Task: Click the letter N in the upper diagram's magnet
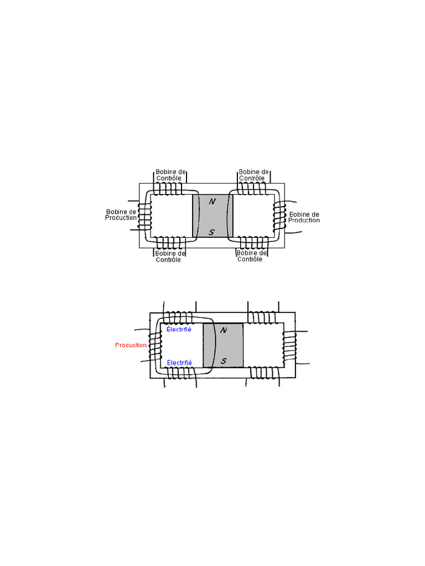click(212, 201)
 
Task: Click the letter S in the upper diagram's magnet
click(211, 233)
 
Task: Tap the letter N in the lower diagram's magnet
click(224, 330)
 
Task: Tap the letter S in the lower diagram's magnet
click(224, 361)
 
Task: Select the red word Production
click(131, 345)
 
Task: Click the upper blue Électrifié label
click(179, 329)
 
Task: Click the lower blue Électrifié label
click(179, 363)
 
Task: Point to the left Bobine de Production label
click(121, 215)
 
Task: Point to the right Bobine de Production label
click(304, 217)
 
